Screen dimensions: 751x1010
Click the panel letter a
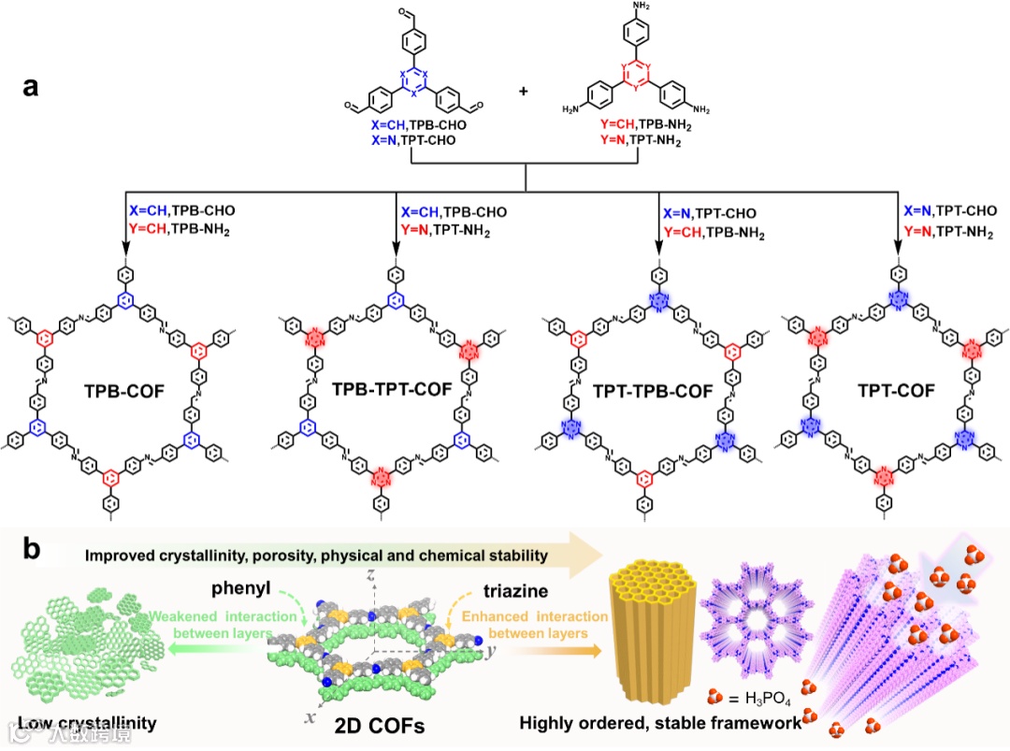click(32, 88)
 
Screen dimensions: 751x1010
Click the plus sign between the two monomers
click(523, 92)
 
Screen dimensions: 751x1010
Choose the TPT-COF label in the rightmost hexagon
click(898, 390)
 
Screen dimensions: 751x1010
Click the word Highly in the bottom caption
click(550, 722)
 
